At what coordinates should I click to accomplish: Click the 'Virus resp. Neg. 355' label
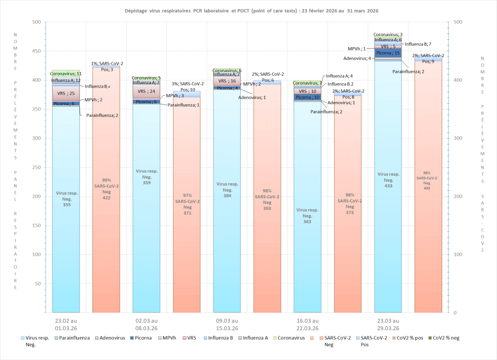[66, 199]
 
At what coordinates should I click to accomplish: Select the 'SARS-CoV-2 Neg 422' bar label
[106, 189]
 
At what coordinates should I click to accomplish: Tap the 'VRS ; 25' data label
[66, 93]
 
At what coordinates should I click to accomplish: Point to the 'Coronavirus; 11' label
[65, 74]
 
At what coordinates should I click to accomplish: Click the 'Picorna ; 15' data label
[388, 53]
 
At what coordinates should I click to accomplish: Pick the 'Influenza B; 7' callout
[418, 44]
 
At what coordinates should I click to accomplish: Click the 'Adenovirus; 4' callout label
[357, 58]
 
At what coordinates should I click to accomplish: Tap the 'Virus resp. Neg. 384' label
[227, 190]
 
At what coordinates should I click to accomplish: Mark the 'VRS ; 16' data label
[227, 81]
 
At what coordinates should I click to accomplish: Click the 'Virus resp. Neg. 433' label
[388, 180]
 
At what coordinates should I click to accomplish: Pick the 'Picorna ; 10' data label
[307, 97]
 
